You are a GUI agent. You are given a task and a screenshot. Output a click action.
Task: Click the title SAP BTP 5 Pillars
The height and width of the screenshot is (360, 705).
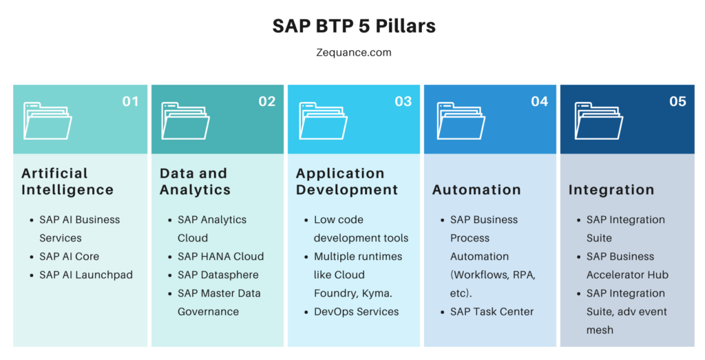click(354, 26)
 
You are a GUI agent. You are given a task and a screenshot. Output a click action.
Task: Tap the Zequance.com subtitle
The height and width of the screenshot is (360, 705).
click(354, 52)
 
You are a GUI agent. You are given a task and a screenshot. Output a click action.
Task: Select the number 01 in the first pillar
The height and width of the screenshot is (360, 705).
click(130, 102)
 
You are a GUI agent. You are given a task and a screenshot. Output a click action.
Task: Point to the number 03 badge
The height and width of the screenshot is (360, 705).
click(403, 102)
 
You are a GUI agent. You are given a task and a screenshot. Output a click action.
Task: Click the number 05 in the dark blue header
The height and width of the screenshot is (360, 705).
click(677, 102)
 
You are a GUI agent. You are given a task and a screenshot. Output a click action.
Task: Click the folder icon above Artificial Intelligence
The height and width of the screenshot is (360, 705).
click(48, 121)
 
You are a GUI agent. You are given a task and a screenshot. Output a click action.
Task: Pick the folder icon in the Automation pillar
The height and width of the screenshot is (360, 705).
click(461, 121)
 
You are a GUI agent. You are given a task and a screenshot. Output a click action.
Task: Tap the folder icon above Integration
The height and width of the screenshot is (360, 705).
click(599, 121)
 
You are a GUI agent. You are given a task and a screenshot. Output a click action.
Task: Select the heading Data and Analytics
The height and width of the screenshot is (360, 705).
click(195, 182)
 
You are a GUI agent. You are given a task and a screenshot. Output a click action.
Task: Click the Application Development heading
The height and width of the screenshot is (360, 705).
click(347, 182)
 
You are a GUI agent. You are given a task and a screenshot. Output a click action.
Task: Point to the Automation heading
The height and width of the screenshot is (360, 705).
click(476, 190)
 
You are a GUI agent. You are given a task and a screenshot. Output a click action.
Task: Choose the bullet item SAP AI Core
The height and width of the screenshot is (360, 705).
click(70, 257)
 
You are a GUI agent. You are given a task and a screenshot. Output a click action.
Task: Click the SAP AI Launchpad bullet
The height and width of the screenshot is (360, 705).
click(86, 275)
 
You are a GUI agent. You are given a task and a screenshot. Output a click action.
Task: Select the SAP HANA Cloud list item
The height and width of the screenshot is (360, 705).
click(221, 257)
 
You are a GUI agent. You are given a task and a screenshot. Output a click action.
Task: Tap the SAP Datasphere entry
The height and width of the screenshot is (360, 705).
click(218, 275)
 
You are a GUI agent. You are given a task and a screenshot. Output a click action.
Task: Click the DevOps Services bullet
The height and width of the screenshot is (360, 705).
click(356, 312)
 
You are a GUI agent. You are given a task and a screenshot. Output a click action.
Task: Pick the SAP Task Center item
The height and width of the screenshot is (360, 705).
click(492, 312)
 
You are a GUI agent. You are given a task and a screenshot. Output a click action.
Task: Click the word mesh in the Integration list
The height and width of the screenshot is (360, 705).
click(600, 330)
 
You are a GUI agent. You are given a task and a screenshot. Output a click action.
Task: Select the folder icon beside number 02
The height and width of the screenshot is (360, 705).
click(185, 121)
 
